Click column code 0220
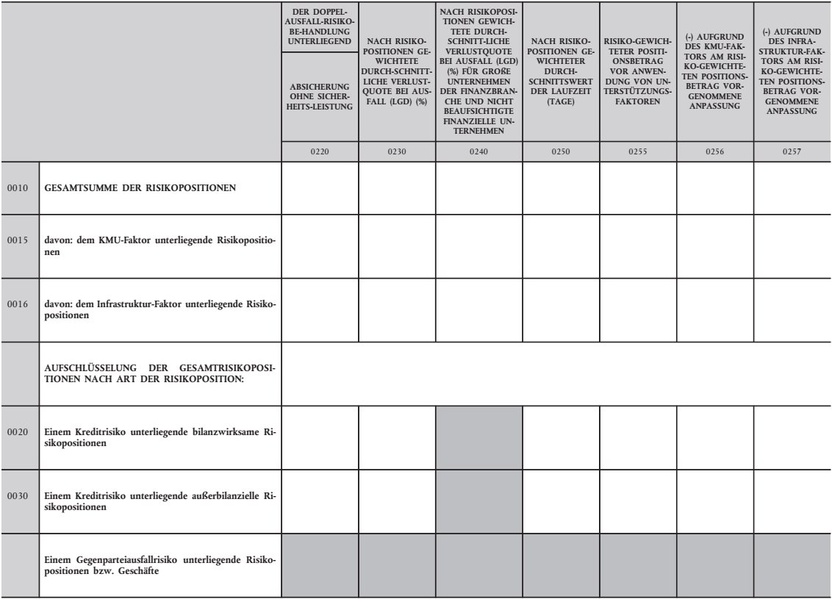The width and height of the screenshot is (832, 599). [320, 153]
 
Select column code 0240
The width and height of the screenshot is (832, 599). [479, 153]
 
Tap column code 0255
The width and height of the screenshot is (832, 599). [637, 153]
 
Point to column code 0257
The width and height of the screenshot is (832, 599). [792, 153]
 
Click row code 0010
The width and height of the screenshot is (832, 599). [17, 188]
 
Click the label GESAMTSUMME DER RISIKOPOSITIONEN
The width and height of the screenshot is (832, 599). [139, 188]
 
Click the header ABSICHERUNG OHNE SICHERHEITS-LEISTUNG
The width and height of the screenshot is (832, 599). [320, 96]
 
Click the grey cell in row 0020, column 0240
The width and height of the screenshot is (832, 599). [479, 437]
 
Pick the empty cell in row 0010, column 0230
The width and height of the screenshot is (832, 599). [397, 188]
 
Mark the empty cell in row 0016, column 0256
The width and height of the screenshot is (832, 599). [715, 309]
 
